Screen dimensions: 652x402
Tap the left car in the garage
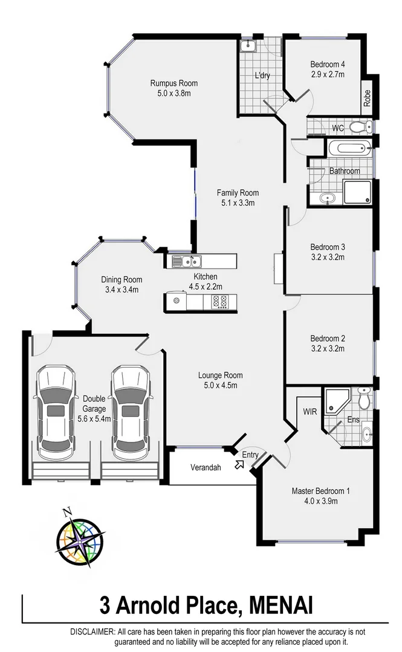[56, 411]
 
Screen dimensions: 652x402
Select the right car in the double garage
[131, 411]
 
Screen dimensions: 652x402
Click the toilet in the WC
[361, 127]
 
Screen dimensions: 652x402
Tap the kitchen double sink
[187, 261]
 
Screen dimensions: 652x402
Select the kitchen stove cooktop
[219, 301]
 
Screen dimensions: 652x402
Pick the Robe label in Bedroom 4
[367, 98]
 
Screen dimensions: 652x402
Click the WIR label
[311, 411]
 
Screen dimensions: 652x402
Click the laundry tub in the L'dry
[248, 46]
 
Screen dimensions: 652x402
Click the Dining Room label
[122, 280]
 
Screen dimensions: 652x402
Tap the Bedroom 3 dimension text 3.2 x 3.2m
[327, 257]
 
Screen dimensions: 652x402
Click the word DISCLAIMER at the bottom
[90, 631]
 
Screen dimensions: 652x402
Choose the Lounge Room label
[220, 375]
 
